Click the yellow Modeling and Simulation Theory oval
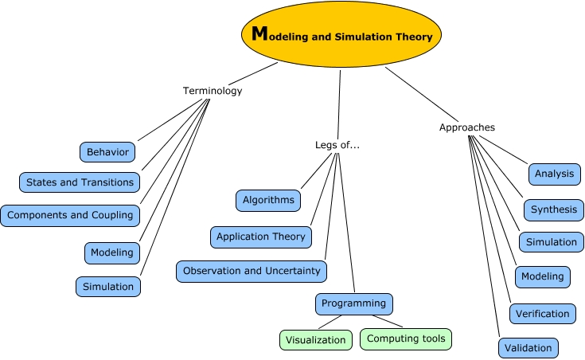point(341,35)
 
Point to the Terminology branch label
point(213,91)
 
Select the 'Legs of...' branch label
point(338,145)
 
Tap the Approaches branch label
point(467,127)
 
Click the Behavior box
point(107,151)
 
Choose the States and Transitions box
point(80,182)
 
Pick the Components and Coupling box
point(70,215)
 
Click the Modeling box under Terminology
point(112,252)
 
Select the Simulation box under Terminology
point(109,286)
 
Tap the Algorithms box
point(268,201)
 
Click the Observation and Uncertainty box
point(252,271)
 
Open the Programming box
point(354,303)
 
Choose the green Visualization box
point(316,339)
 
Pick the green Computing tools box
point(406,338)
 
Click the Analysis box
point(554,174)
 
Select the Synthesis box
point(553,209)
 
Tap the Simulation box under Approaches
point(551,242)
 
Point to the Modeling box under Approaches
point(543,276)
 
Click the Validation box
point(528,347)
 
